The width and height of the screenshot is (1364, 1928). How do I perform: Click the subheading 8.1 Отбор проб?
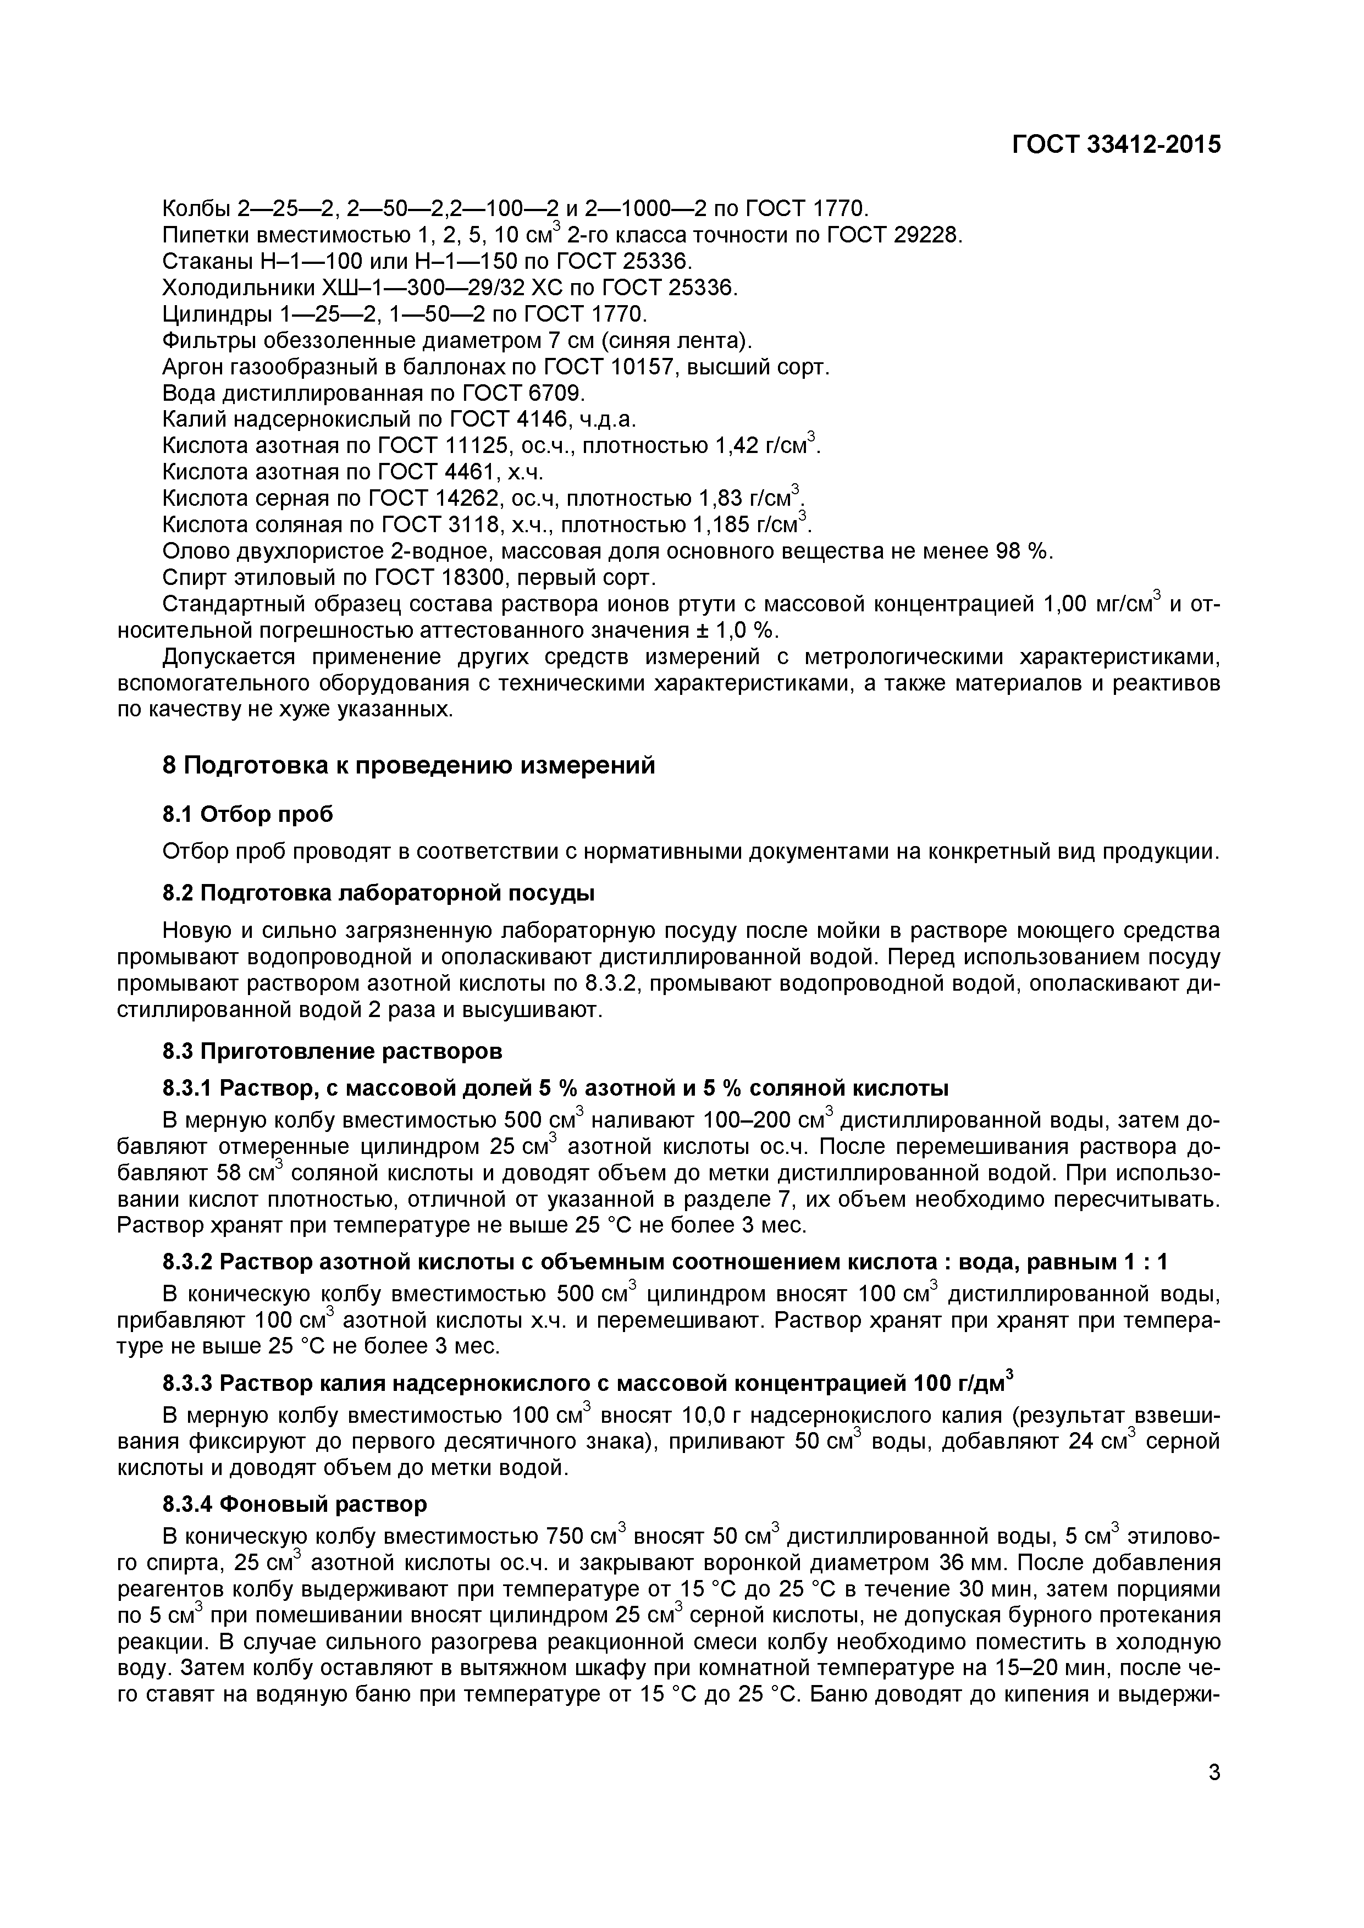[x=247, y=814]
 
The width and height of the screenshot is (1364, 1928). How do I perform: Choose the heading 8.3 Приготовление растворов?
[x=332, y=1051]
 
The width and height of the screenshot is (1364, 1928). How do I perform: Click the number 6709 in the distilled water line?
[x=554, y=394]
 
